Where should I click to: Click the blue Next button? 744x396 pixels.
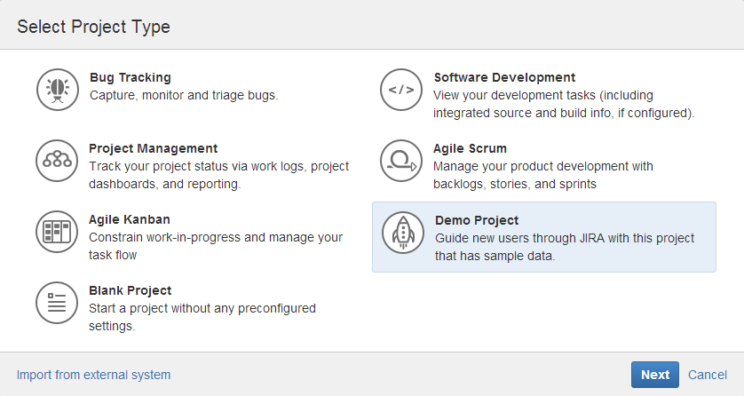tap(655, 375)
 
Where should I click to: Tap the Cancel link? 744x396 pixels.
tap(708, 375)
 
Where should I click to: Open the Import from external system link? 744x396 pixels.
tap(93, 375)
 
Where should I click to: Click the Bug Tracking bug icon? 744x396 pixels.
tap(58, 90)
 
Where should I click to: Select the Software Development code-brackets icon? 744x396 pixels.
tap(401, 90)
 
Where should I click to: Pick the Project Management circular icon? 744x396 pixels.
tap(57, 161)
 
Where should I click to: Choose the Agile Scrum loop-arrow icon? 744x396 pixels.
tap(401, 161)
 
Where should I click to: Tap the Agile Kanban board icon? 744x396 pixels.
tap(57, 232)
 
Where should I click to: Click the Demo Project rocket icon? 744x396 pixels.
tap(403, 233)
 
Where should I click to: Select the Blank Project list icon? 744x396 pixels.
tap(57, 303)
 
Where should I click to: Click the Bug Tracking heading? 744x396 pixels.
tap(131, 77)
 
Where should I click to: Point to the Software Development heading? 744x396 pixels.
tap(504, 77)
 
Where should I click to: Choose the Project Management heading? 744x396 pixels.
tap(154, 148)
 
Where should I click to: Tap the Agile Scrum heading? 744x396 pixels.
tap(470, 148)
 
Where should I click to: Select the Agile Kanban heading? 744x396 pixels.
tap(130, 219)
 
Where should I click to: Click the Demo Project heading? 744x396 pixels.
tap(477, 220)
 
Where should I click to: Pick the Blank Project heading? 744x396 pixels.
tap(130, 290)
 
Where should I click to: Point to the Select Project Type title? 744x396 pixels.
tap(93, 27)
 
